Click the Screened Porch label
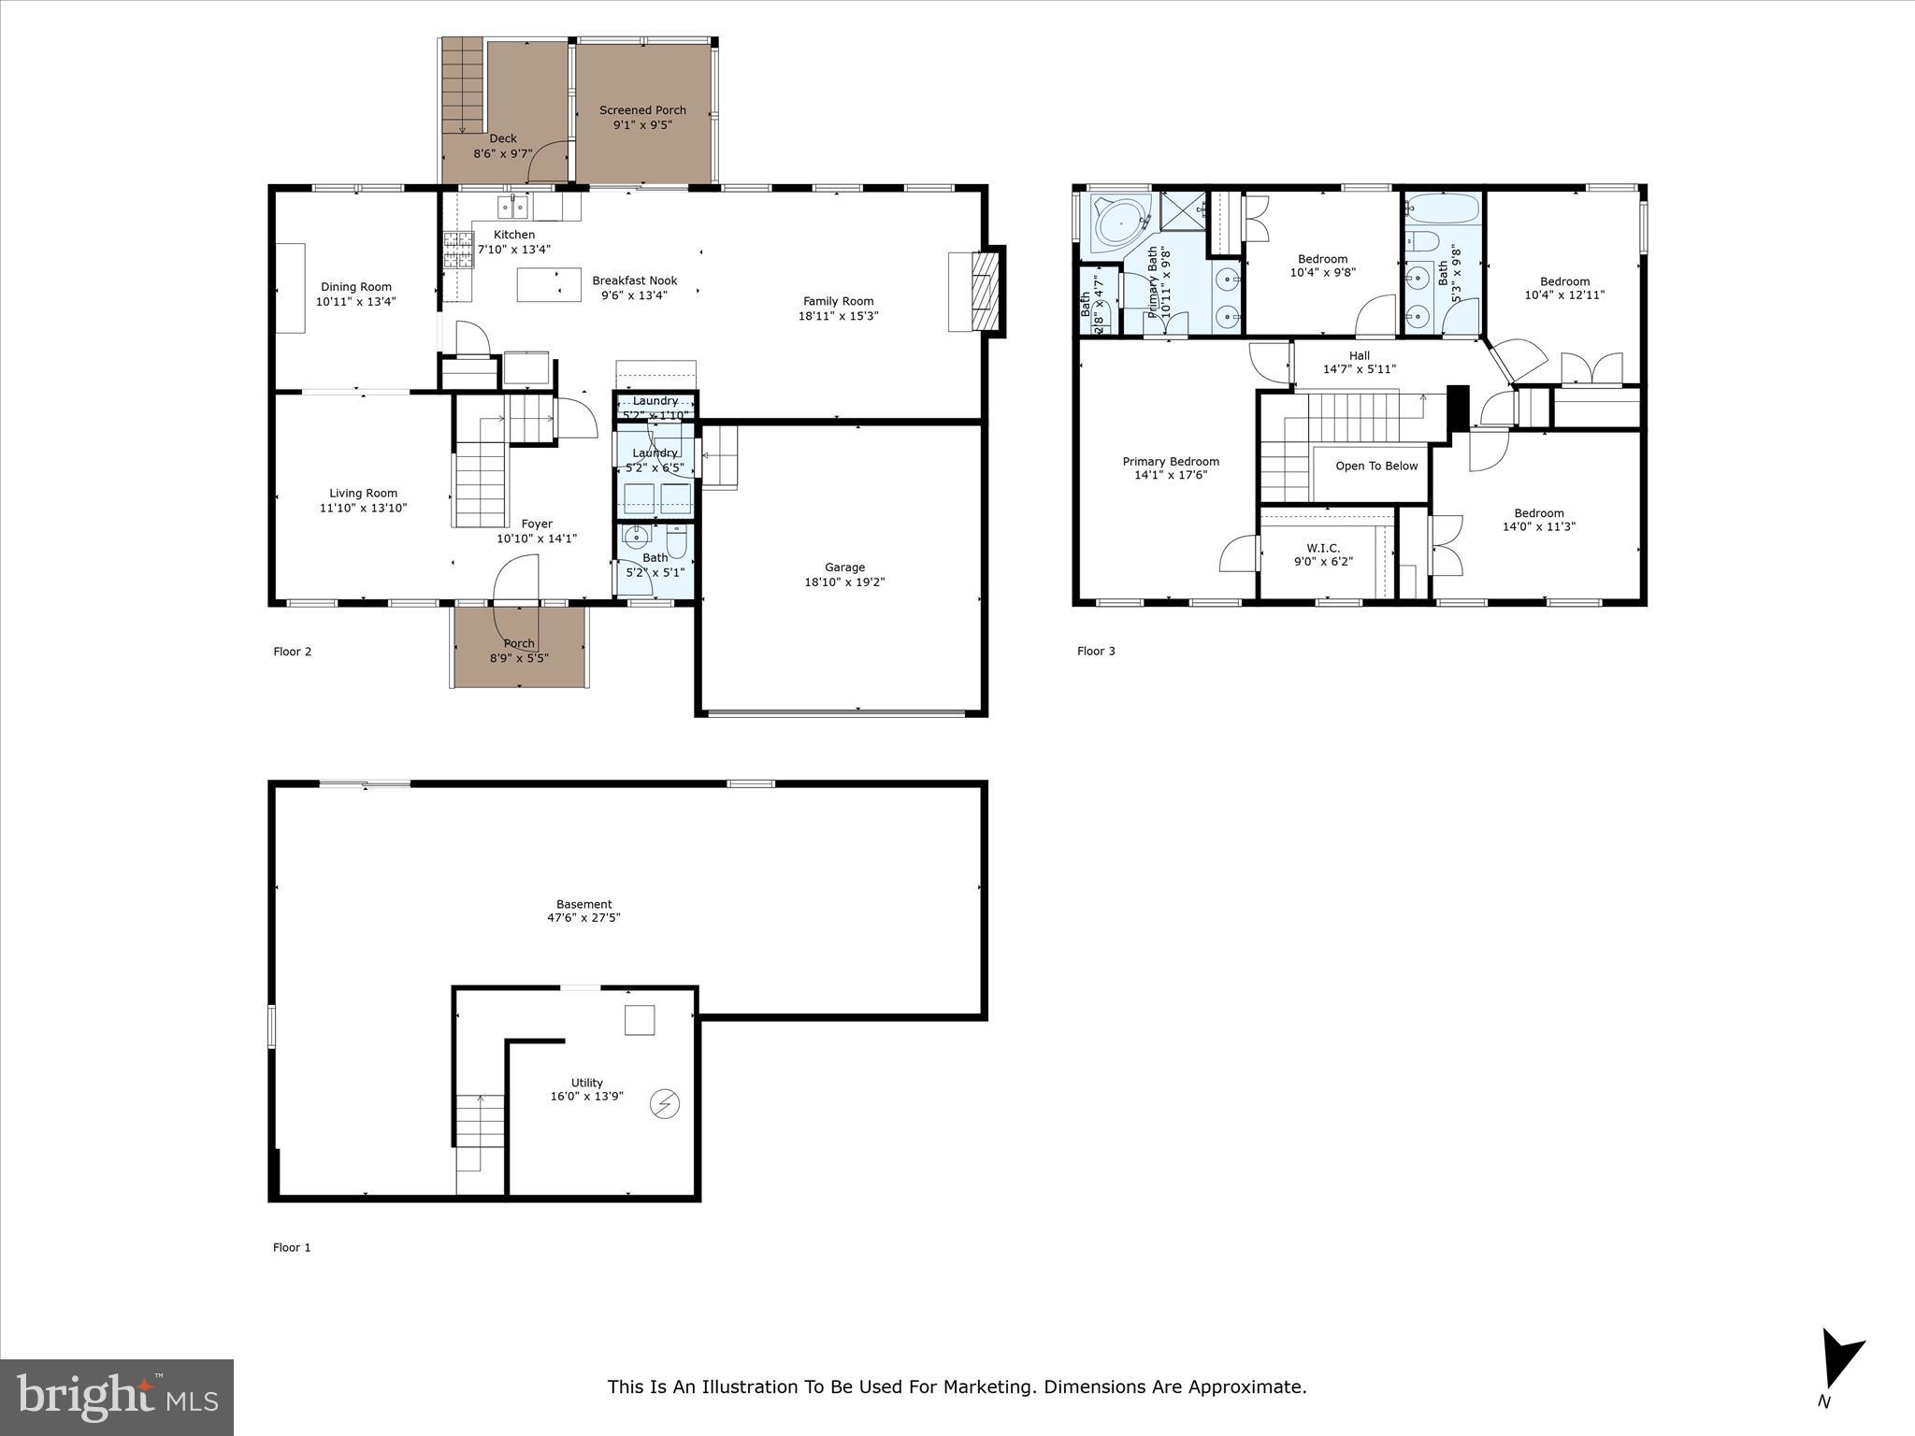[642, 110]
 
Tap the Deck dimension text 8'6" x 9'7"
[502, 154]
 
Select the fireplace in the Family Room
[983, 291]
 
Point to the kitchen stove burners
[458, 250]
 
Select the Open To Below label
[1375, 467]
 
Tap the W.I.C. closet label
[1323, 549]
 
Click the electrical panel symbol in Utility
[665, 1104]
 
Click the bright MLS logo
[117, 1398]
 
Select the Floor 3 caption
[1096, 652]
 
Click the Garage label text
[844, 567]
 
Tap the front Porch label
[519, 644]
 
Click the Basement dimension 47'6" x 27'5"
[583, 918]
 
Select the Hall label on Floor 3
[1359, 355]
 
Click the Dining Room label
[356, 287]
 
